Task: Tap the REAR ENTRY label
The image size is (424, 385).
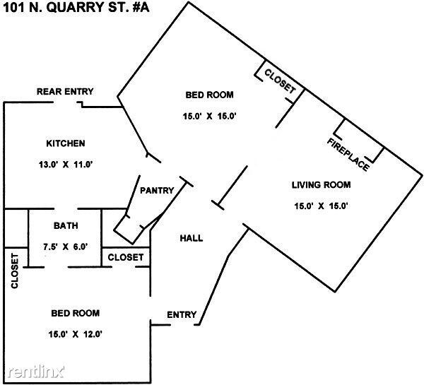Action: point(65,92)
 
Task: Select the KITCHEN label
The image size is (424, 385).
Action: point(65,143)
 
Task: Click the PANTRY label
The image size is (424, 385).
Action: point(157,191)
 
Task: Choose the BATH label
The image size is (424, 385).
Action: point(65,226)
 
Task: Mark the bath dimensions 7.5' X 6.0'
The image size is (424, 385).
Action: point(65,247)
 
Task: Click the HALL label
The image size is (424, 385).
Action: point(191,238)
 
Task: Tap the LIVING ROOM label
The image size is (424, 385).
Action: point(322,186)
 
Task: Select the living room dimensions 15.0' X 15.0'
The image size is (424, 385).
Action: point(322,206)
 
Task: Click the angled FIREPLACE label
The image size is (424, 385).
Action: point(348,153)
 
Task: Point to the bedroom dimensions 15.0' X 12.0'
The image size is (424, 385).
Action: point(75,334)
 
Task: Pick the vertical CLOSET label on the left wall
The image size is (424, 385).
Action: point(14,271)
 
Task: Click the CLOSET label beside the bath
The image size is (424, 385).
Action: point(126,257)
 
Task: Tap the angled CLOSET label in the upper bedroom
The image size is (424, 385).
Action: point(281,80)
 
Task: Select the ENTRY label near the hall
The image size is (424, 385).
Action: point(181,314)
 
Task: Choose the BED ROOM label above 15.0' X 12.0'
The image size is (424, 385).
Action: point(75,313)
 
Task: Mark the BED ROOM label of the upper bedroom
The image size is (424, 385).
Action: point(209,95)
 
